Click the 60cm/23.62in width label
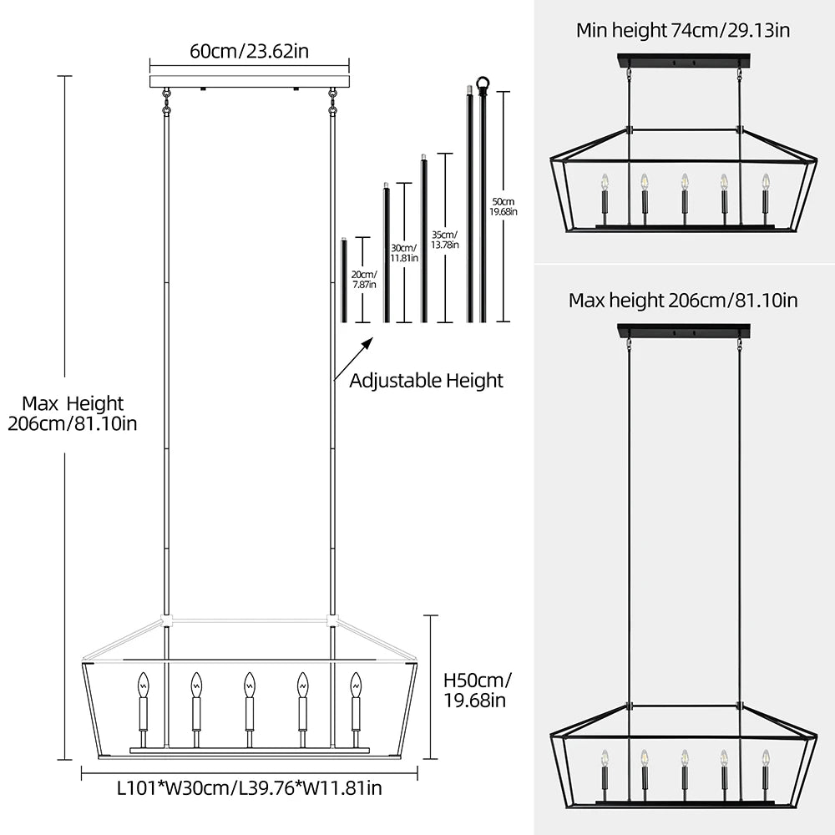click(250, 51)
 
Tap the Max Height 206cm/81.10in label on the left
click(73, 414)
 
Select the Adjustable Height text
click(426, 381)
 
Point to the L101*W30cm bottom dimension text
click(250, 787)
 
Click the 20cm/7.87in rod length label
click(363, 279)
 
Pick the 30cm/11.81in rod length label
click(405, 253)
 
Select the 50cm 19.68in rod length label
click(504, 206)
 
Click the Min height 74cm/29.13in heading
click(683, 31)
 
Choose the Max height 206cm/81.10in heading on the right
click(683, 300)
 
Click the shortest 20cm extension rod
click(343, 281)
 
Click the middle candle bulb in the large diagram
click(249, 686)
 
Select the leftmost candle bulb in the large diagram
click(142, 686)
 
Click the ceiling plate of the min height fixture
click(684, 61)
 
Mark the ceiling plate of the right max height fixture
click(684, 331)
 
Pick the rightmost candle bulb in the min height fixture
click(765, 182)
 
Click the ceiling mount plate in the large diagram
click(250, 82)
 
